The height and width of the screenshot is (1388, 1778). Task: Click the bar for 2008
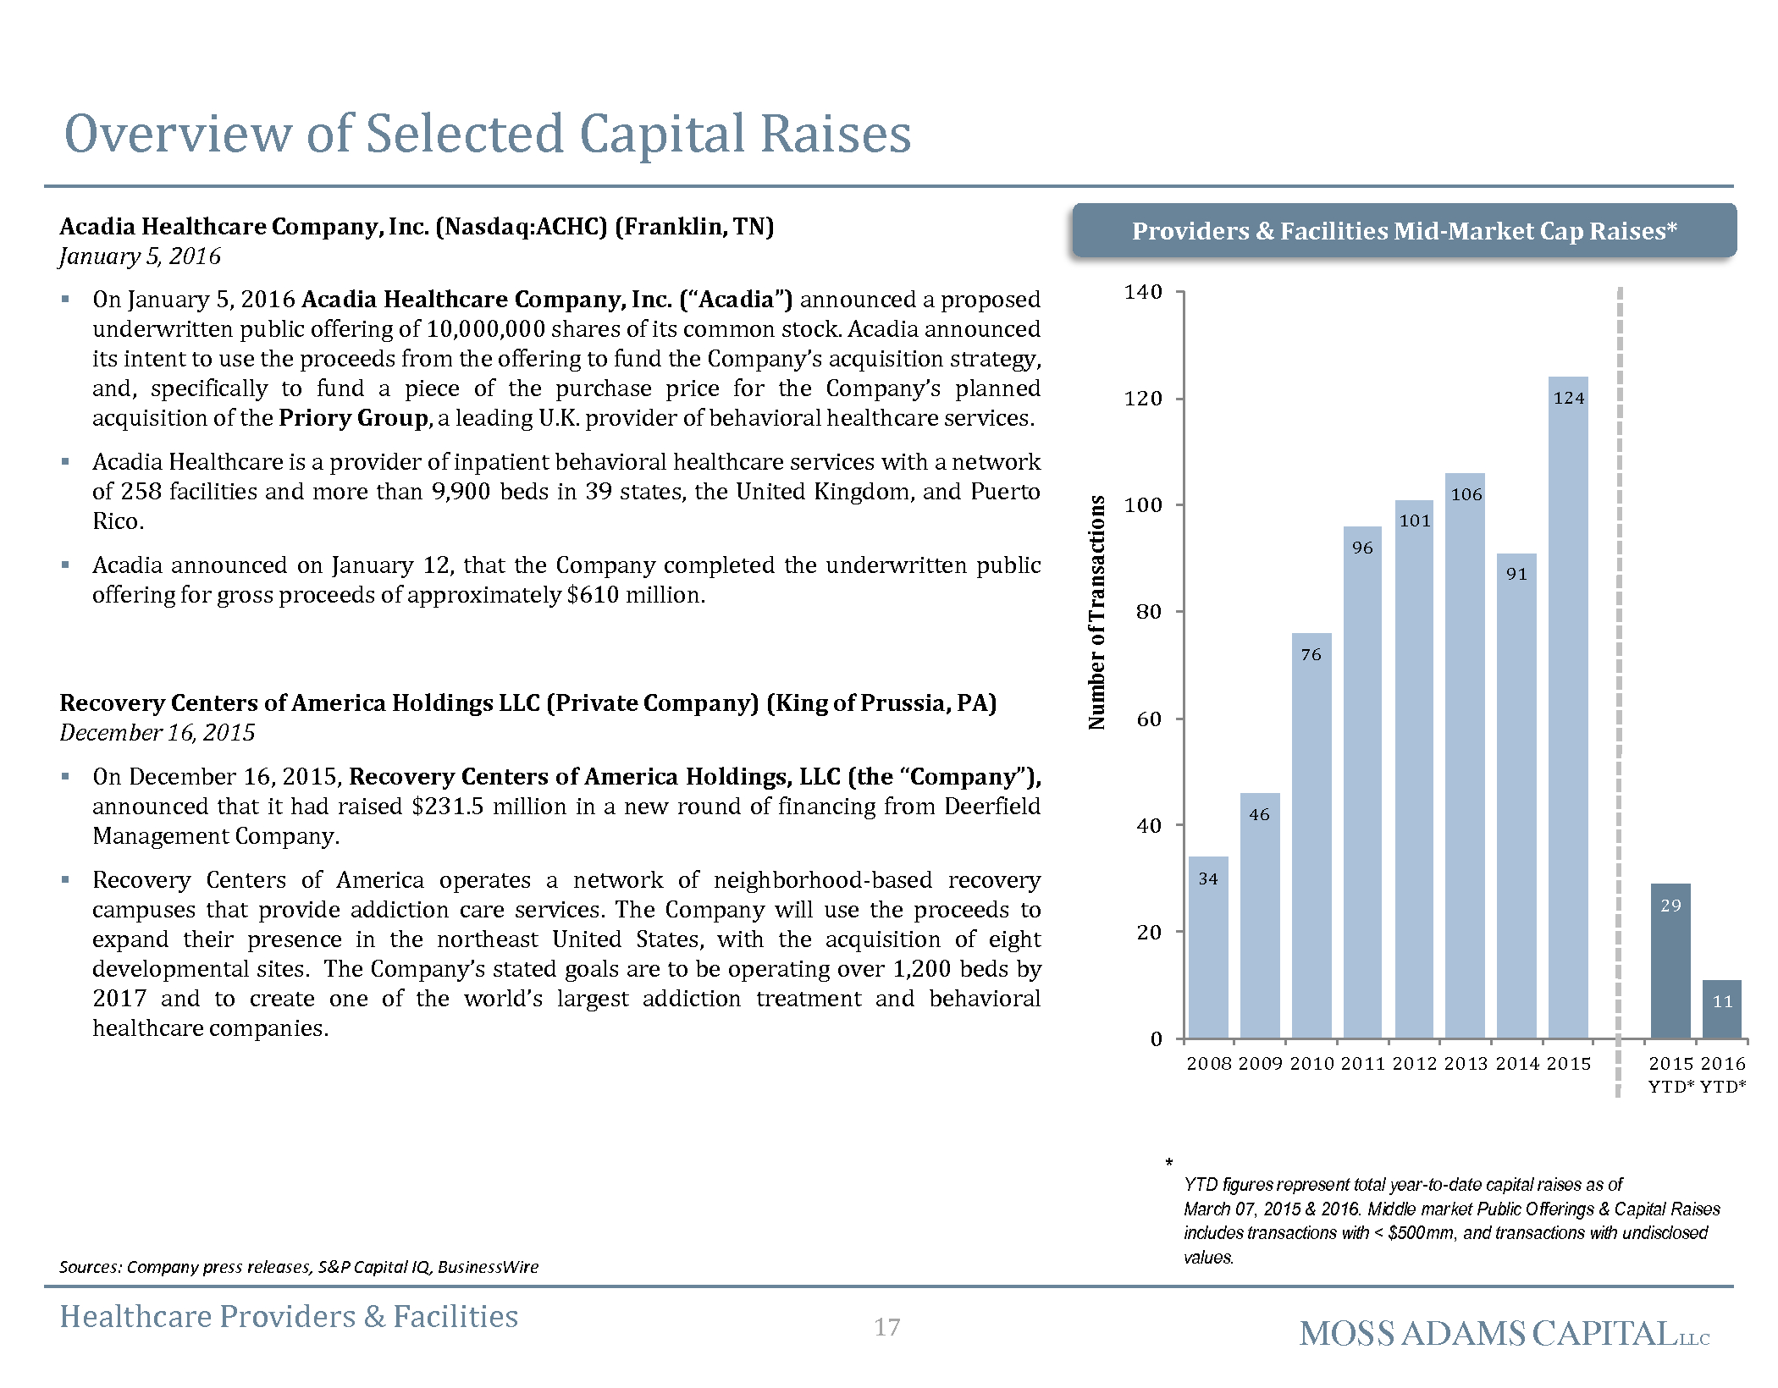(x=1208, y=947)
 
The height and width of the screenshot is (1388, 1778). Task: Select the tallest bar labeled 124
(x=1568, y=708)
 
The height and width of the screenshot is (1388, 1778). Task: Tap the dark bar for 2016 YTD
(x=1722, y=1009)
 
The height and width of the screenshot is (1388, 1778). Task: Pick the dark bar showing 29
(x=1670, y=961)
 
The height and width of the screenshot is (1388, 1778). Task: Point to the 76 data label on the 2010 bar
(x=1311, y=654)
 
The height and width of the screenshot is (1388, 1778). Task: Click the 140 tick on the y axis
(x=1142, y=292)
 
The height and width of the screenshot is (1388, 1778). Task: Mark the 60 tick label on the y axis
(x=1149, y=719)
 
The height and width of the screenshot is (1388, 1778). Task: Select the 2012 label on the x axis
(x=1414, y=1064)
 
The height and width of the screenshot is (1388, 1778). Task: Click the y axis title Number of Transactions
(x=1096, y=612)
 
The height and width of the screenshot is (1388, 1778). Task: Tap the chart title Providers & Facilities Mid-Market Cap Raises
(x=1405, y=231)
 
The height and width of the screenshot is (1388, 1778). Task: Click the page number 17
(x=886, y=1327)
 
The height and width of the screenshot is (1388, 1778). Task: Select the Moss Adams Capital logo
(x=1505, y=1334)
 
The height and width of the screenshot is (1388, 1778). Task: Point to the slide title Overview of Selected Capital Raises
(x=488, y=134)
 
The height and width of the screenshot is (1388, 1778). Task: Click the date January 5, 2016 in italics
(x=140, y=256)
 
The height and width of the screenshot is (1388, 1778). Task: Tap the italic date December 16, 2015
(x=157, y=733)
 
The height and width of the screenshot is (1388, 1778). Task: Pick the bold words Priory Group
(x=353, y=418)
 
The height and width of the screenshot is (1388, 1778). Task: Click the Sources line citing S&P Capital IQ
(x=299, y=1267)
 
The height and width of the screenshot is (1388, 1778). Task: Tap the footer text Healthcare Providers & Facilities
(x=289, y=1317)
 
